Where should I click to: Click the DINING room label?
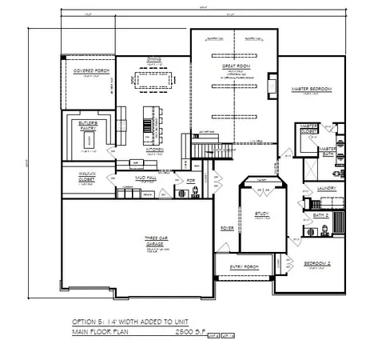153,59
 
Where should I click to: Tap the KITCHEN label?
154,149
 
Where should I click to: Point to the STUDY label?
261,214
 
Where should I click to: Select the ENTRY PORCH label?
245,266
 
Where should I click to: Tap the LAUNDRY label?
325,189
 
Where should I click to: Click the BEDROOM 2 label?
317,263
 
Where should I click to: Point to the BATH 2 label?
320,215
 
